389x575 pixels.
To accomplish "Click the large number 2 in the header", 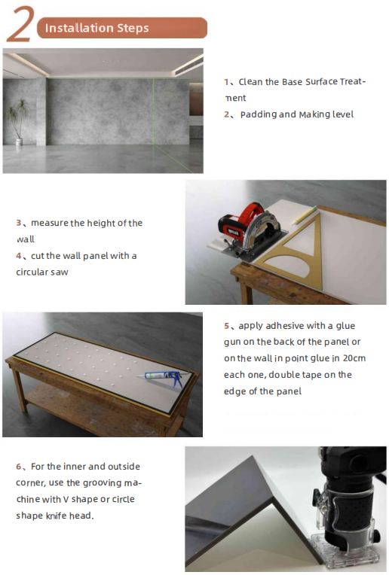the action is (20, 25).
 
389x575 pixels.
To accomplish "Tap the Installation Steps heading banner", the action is (122, 28).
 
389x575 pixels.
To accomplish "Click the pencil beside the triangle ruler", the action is (304, 215).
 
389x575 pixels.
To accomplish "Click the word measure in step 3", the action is (50, 223).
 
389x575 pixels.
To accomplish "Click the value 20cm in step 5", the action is (354, 358).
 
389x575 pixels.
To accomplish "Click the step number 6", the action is (19, 467).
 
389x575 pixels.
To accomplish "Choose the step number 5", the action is (227, 326).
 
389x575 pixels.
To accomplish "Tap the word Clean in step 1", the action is (250, 82).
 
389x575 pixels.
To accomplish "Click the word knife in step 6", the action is (57, 516).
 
